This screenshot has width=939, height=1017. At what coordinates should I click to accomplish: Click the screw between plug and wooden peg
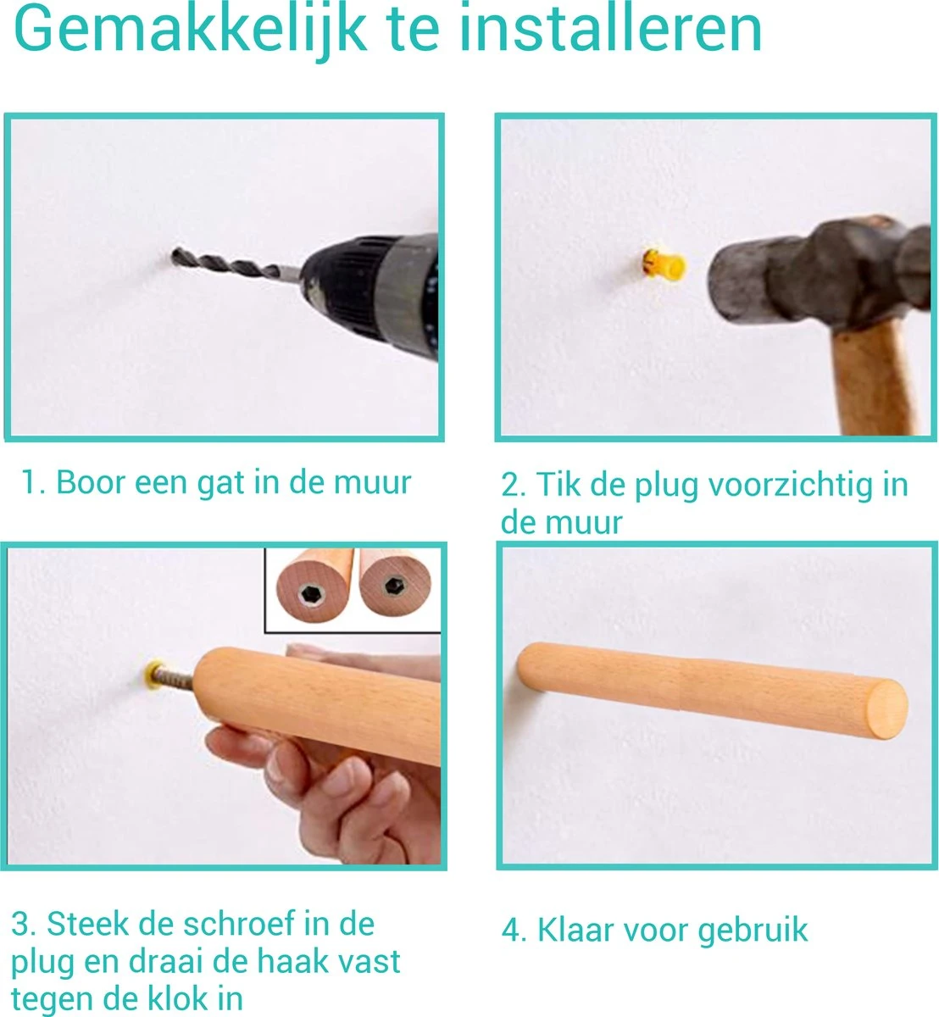pyautogui.click(x=176, y=678)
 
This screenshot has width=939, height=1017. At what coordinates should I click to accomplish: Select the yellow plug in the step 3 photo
pyautogui.click(x=153, y=674)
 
